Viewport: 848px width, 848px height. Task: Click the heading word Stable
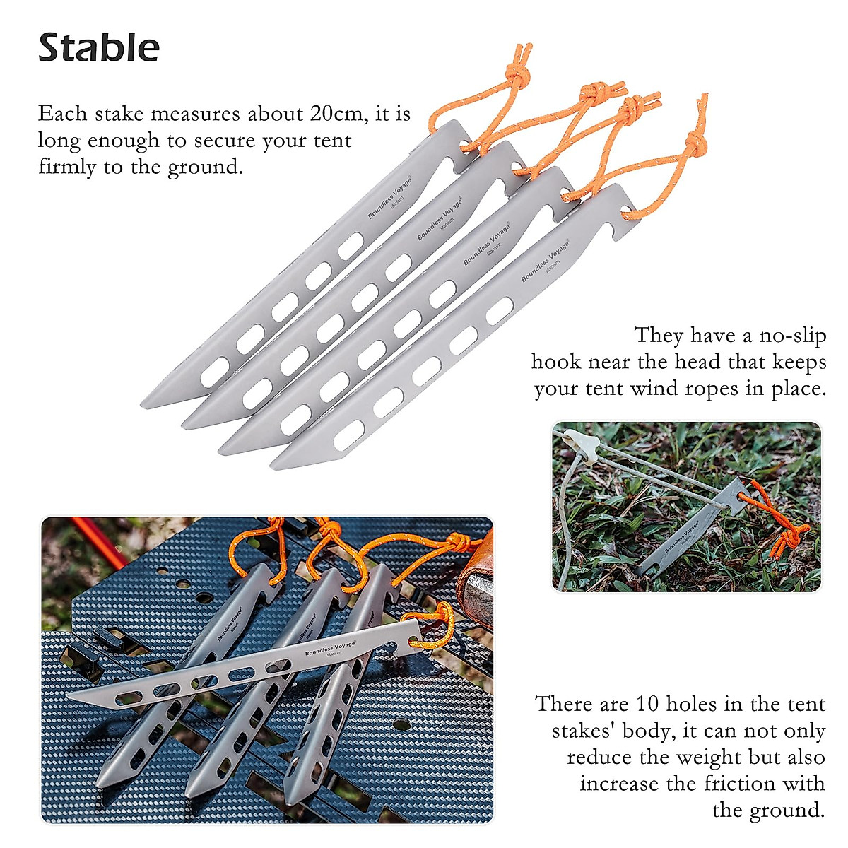click(99, 48)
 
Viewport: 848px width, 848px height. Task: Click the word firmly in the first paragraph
click(63, 167)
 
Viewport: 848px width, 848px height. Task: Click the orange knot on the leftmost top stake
click(518, 73)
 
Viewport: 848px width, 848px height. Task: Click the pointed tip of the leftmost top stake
click(144, 404)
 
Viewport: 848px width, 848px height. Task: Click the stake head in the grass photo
click(738, 497)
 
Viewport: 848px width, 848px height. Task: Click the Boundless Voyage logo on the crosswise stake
click(330, 647)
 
